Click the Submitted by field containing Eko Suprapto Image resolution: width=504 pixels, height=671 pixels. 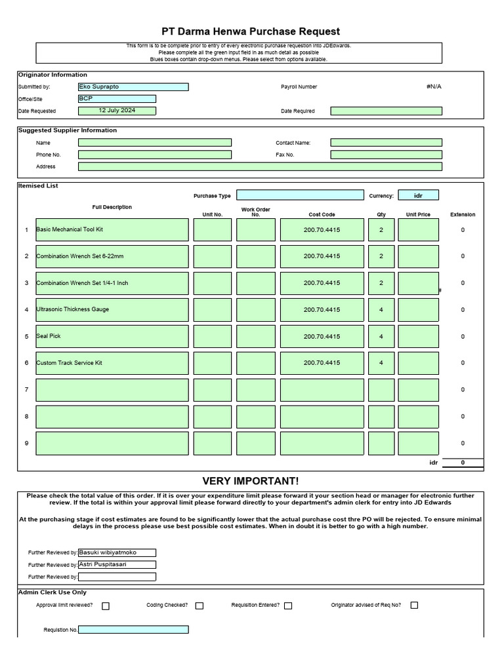tap(133, 87)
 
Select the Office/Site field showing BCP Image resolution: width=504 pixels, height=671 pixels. tap(117, 99)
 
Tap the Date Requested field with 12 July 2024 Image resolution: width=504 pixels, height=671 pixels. tap(117, 111)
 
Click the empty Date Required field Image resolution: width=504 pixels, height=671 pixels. tap(386, 111)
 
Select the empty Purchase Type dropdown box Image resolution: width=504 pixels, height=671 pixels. tap(300, 195)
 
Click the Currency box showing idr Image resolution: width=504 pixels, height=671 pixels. tap(418, 195)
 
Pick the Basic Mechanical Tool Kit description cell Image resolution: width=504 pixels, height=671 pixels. tap(112, 230)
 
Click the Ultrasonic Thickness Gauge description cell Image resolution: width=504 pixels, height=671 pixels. tap(112, 310)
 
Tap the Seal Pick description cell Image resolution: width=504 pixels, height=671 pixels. tap(112, 337)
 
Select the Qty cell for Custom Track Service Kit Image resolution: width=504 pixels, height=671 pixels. tap(381, 363)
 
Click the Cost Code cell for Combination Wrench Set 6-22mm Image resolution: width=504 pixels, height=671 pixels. tap(322, 256)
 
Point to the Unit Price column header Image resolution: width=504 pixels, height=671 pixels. tap(418, 214)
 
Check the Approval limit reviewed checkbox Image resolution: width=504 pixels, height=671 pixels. tap(106, 606)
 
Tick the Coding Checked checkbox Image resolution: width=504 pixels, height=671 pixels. tap(199, 606)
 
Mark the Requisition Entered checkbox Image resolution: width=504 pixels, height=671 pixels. tap(288, 606)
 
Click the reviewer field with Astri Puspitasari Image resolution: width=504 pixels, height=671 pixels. tap(117, 565)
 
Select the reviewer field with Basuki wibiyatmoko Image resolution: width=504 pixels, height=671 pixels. tap(117, 553)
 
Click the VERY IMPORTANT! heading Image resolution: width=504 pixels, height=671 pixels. tap(250, 481)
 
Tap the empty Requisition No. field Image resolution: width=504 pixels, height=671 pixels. tap(133, 630)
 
